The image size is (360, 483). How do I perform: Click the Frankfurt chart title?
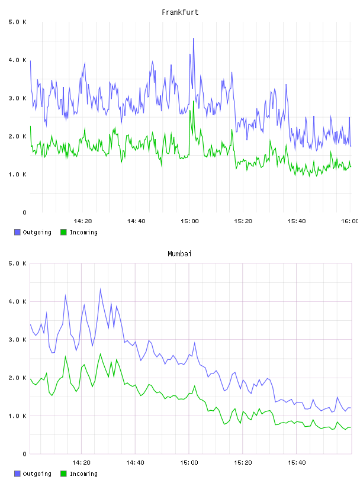point(180,12)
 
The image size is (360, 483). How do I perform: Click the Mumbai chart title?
point(179,254)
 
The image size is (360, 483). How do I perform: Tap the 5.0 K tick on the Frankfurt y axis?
point(17,22)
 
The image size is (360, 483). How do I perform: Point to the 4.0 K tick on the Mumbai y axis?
point(17,301)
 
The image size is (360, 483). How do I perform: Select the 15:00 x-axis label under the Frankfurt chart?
point(189,221)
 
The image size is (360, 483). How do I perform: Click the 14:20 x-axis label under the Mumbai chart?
point(81,462)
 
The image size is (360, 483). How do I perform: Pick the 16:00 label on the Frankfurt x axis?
point(349,221)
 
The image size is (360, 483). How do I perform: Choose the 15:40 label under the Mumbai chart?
point(297,462)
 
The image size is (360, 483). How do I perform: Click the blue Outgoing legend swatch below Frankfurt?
point(17,232)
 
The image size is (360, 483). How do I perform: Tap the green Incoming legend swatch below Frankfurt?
point(63,232)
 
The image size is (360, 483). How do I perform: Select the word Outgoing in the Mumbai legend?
point(37,474)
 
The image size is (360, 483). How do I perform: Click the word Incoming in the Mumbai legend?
point(83,474)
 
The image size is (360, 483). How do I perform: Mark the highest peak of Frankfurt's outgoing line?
point(194,38)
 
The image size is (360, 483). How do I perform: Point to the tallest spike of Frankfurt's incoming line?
point(194,101)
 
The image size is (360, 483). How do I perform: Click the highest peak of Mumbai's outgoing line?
point(100,289)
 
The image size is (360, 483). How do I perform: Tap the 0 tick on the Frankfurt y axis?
point(24,212)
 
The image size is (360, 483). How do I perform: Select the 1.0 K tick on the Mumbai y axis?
point(17,416)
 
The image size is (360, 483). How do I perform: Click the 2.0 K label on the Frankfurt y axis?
point(17,136)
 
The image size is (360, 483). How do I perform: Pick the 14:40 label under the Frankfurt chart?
point(136,221)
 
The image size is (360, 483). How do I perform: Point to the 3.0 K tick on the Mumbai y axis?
point(17,339)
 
